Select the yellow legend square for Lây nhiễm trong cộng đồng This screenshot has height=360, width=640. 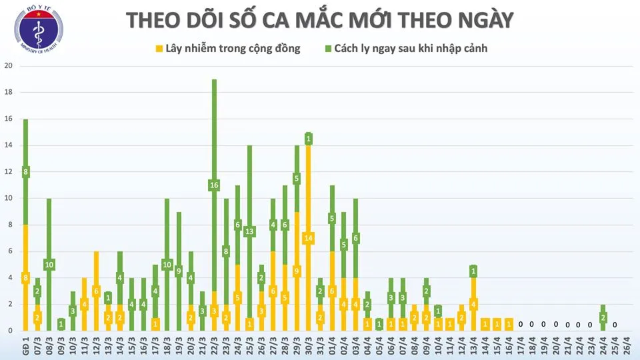click(x=159, y=49)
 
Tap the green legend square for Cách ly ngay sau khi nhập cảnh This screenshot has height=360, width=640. click(x=329, y=49)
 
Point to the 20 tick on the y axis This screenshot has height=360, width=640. click(x=9, y=66)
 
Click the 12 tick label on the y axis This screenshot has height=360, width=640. click(x=9, y=172)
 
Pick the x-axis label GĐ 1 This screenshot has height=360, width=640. click(x=25, y=347)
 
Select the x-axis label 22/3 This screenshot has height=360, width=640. click(x=214, y=347)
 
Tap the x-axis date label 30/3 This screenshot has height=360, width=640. click(x=308, y=347)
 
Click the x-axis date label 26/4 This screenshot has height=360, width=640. click(x=626, y=347)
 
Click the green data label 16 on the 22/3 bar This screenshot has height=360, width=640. click(x=215, y=185)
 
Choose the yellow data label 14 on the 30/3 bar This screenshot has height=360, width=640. click(x=308, y=238)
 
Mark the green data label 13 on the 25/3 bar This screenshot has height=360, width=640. click(x=249, y=231)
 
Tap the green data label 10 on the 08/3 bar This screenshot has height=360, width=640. click(x=49, y=265)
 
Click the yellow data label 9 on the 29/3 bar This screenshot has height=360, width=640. click(x=297, y=271)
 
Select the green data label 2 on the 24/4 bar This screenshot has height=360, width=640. click(x=603, y=318)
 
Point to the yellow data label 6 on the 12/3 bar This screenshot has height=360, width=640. click(x=96, y=291)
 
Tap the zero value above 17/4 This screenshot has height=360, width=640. click(x=521, y=325)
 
